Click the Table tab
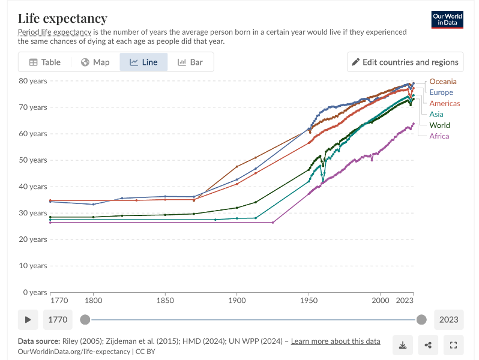(45, 62)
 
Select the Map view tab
(95, 62)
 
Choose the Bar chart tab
(190, 62)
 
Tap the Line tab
(143, 62)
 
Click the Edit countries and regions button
(405, 62)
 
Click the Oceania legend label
(442, 82)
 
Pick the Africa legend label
(439, 136)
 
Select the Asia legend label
(436, 114)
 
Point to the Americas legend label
(444, 103)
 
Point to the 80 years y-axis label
(32, 81)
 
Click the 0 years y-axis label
(35, 292)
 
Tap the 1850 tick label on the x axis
(165, 300)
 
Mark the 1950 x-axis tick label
(309, 300)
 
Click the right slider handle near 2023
(421, 320)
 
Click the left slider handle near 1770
(86, 320)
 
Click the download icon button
(402, 345)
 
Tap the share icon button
(428, 345)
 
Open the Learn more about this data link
(336, 341)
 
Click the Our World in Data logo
(447, 19)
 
